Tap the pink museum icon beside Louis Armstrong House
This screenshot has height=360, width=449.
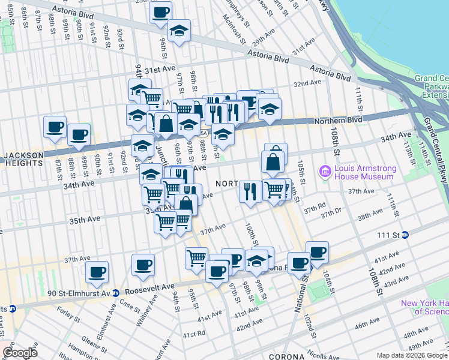click(326, 172)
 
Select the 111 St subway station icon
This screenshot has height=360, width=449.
click(405, 235)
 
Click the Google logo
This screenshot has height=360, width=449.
click(20, 352)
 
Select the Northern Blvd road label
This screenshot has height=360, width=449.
click(339, 121)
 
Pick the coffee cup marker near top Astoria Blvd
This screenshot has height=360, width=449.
click(160, 12)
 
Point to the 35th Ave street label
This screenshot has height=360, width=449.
click(85, 220)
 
